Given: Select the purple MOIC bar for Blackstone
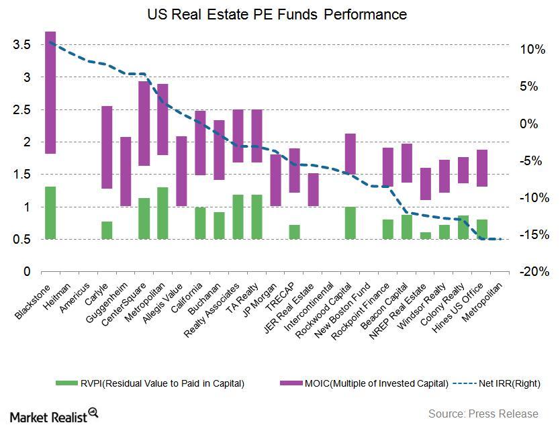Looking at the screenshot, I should pyautogui.click(x=50, y=93).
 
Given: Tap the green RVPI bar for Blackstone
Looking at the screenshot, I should pyautogui.click(x=50, y=213).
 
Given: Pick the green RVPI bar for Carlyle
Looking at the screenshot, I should pyautogui.click(x=107, y=230).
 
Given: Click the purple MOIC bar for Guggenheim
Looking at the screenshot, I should pyautogui.click(x=126, y=171).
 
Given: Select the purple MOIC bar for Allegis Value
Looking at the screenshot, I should pyautogui.click(x=181, y=171).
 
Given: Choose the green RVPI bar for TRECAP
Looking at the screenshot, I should pyautogui.click(x=294, y=232).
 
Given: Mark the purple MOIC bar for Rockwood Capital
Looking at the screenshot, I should pyautogui.click(x=350, y=154).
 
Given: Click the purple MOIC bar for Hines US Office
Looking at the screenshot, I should pyautogui.click(x=481, y=168).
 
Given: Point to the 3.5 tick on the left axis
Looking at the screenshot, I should pyautogui.click(x=22, y=45).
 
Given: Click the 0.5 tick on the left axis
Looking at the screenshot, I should pyautogui.click(x=22, y=240).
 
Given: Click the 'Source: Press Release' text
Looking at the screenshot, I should pyautogui.click(x=482, y=414).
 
